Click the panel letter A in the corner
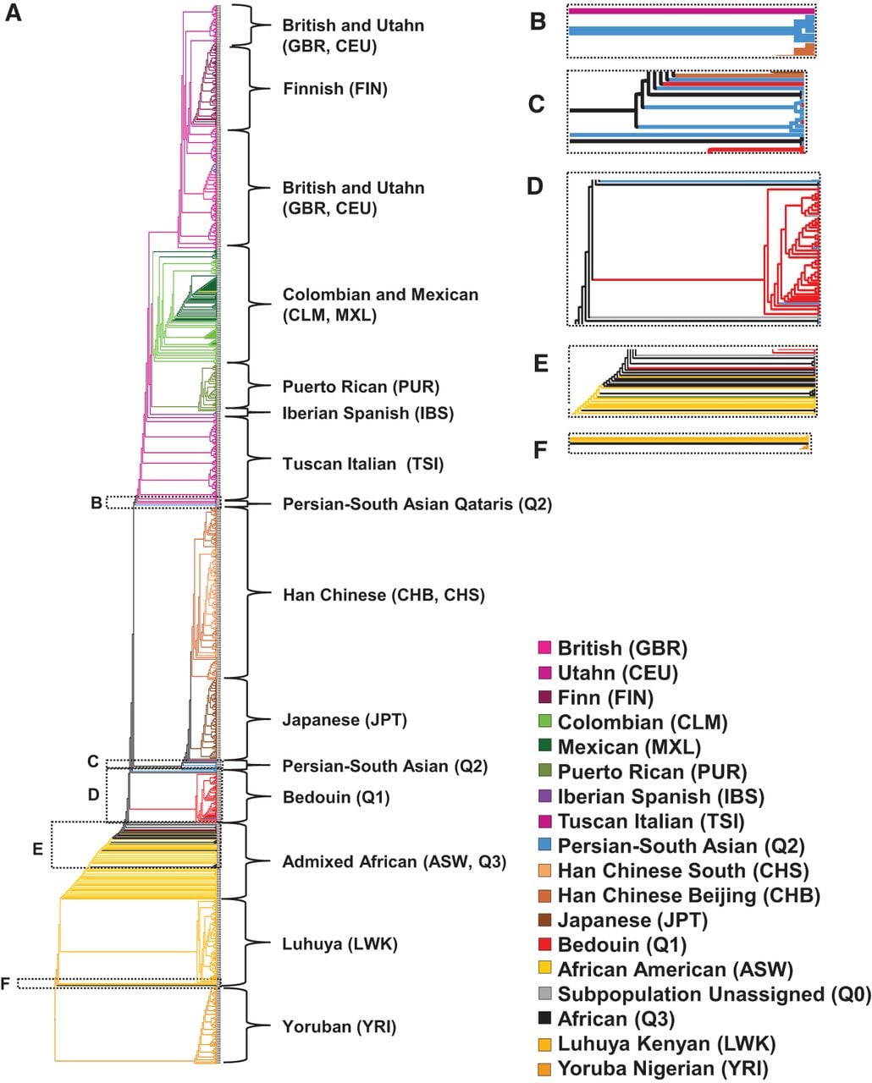coord(13,13)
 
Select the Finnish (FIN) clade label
coord(335,89)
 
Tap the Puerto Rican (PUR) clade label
coord(361,387)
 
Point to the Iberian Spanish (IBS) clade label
coord(367,413)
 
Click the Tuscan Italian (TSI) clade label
coord(362,464)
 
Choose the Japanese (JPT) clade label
coord(345,720)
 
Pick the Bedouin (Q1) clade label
coord(336,797)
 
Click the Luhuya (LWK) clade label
coord(340,943)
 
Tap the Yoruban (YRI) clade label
coord(339,1026)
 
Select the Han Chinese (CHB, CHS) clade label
coord(384,595)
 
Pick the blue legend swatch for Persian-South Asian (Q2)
coord(544,845)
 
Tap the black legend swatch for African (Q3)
coord(544,1019)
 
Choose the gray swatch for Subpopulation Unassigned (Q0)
coord(544,994)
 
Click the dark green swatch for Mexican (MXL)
coord(544,747)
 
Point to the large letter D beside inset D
coord(534,186)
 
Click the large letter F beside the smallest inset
coord(540,449)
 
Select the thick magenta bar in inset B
coord(692,11)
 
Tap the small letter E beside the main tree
coord(38,849)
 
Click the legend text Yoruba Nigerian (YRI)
coord(663,1069)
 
